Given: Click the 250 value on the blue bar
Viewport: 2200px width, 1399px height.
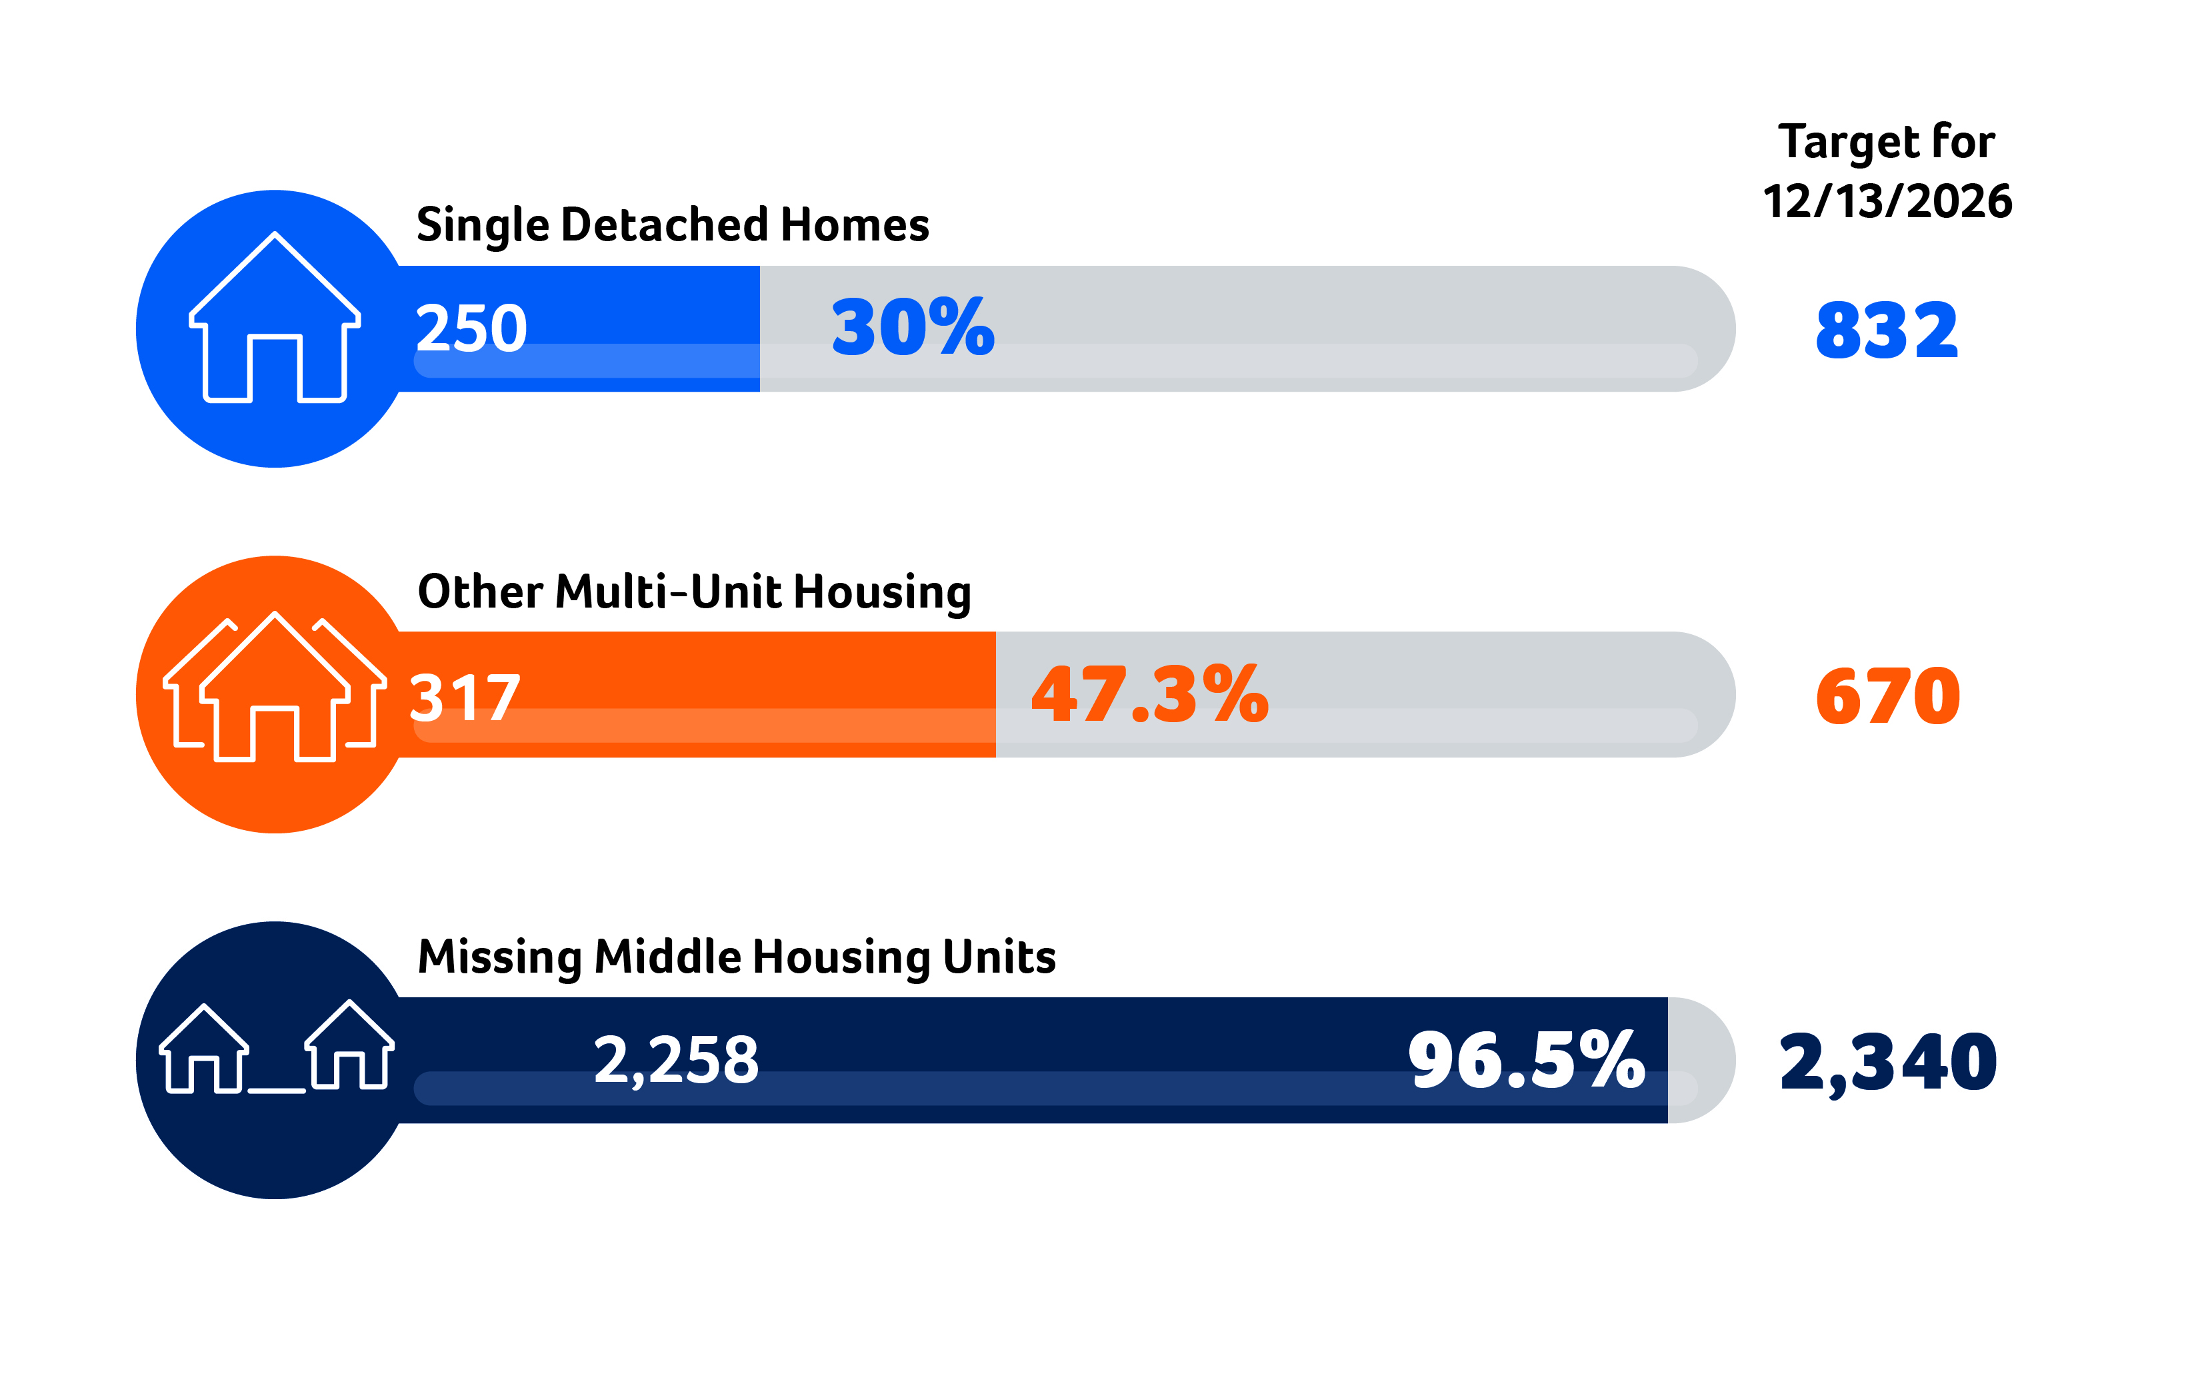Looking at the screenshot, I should tap(471, 328).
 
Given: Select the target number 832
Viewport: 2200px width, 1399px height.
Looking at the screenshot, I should tap(1887, 330).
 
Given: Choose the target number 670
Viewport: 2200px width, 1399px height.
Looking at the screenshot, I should tap(1887, 697).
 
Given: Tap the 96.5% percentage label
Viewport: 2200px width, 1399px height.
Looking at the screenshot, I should tap(1526, 1060).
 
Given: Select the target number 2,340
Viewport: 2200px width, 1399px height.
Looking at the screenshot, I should tap(1887, 1062).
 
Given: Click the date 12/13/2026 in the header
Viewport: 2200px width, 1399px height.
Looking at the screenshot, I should tap(1887, 201).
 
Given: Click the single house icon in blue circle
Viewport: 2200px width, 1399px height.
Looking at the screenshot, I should tap(274, 320).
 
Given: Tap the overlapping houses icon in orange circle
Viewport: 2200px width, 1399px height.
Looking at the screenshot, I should tap(274, 690).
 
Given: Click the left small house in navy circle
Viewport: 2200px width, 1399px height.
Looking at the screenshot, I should tap(203, 1050).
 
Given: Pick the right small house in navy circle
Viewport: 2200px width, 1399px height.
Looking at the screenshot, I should tap(350, 1047).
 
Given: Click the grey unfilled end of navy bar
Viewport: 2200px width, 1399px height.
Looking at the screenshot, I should tap(1699, 1060).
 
